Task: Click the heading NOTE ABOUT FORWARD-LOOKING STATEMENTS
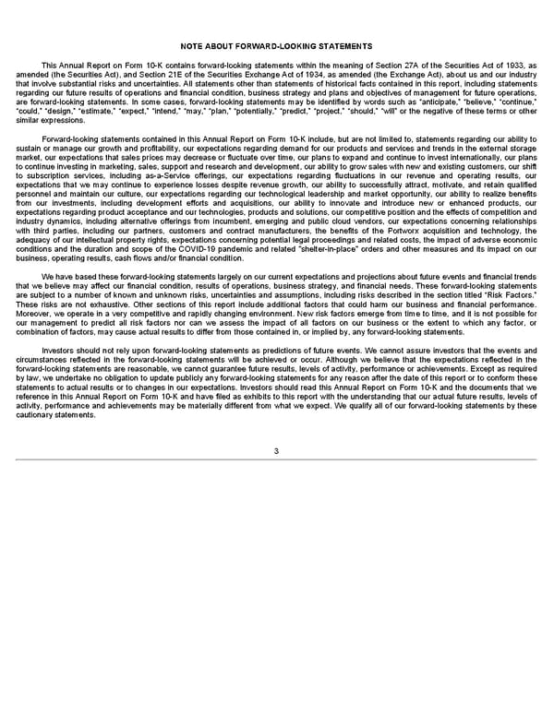click(x=277, y=46)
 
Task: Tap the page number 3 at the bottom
click(x=276, y=450)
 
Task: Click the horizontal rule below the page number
click(x=277, y=459)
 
